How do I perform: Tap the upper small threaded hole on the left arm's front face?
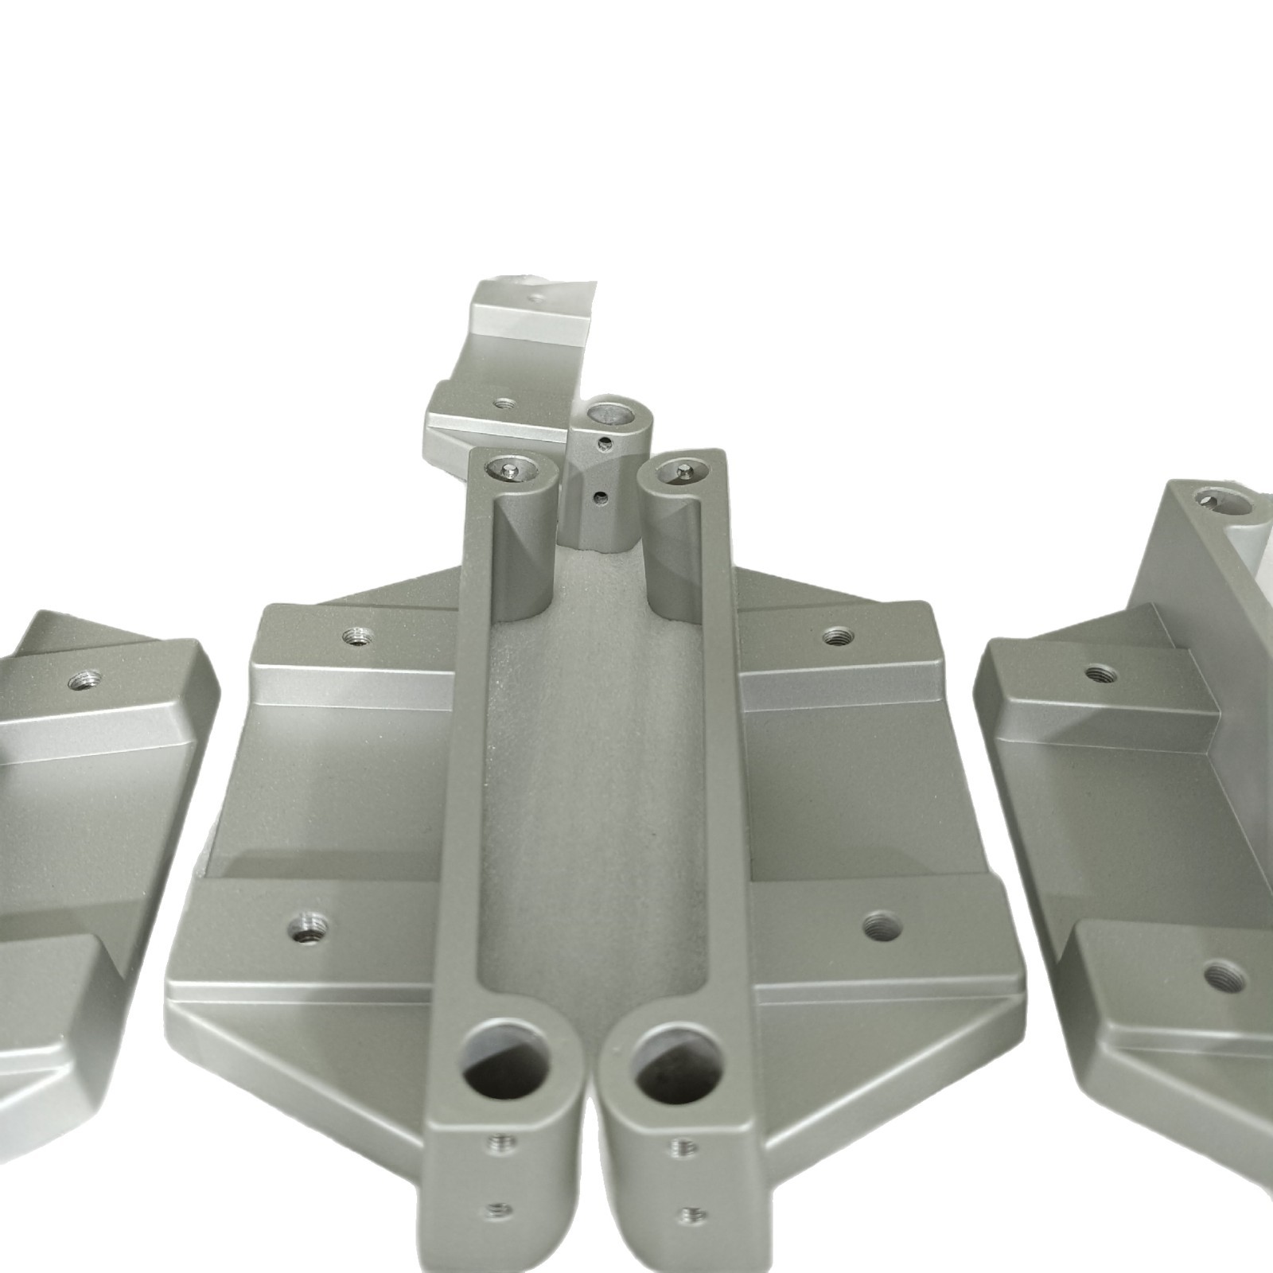[502, 1144]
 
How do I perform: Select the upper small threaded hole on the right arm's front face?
[683, 1146]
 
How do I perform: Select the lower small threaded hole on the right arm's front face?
[692, 1214]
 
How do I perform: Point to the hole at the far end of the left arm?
[512, 471]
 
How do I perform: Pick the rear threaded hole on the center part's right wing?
[836, 636]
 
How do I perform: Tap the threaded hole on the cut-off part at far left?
[84, 679]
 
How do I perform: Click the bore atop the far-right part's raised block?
[1221, 502]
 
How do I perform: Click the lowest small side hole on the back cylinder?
[601, 499]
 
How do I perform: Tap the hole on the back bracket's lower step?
[500, 403]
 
